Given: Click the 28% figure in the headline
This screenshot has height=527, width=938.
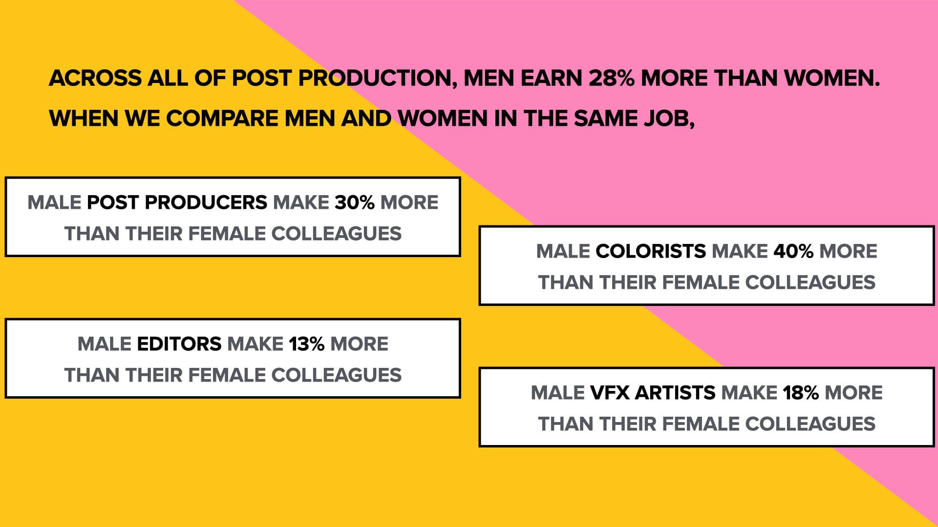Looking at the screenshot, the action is point(611,78).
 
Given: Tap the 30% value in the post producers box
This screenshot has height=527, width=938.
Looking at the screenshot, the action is point(354,203).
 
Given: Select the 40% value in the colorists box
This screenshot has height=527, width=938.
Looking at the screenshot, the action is point(793,251).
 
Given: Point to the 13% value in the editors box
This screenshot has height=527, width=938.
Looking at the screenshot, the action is point(306,344).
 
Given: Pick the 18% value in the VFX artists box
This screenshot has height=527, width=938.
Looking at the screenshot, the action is point(801,393).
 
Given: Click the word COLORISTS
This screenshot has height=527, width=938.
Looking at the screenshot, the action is point(651,251).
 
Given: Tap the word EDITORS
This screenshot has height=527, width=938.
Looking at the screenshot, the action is point(179,344).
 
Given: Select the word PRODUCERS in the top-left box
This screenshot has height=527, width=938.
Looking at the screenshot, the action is point(206,203).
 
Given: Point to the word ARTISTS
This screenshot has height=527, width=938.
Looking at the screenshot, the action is point(675,393).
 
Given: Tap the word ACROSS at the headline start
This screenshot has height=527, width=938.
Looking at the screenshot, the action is point(95,78).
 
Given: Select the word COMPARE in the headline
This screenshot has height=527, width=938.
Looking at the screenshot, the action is point(222,118).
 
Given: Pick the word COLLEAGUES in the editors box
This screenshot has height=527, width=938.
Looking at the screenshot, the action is point(336,375).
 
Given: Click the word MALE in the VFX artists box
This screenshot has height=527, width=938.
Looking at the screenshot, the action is point(558,393).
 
